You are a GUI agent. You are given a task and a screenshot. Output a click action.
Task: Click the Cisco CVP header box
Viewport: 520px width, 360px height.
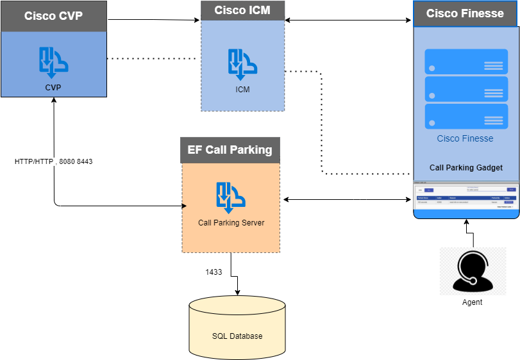point(53,16)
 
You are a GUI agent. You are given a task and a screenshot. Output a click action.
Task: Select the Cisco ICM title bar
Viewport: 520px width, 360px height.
point(242,10)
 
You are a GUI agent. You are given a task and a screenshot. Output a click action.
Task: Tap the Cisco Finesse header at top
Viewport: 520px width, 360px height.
point(465,13)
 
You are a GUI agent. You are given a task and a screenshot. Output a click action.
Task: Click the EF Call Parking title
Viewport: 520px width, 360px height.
point(230,150)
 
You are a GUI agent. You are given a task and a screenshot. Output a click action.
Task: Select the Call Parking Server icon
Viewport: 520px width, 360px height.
point(231,197)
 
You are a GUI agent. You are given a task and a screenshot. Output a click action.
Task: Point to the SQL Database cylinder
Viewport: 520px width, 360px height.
point(237,327)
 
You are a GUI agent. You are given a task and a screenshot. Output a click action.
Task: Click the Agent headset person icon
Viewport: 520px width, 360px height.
point(473,272)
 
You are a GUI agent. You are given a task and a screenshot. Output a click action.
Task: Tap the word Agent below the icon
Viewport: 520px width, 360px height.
point(473,302)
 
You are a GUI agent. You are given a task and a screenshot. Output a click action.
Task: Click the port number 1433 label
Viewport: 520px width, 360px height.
point(214,272)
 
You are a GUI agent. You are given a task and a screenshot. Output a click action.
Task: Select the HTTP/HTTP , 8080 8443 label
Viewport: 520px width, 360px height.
point(54,161)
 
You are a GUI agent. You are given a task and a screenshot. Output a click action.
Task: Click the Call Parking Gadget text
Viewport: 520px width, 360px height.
point(466,168)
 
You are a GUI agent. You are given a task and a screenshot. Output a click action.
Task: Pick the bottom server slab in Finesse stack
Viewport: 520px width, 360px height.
point(466,117)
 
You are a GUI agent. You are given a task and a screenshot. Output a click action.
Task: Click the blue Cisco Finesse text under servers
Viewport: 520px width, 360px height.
point(465,138)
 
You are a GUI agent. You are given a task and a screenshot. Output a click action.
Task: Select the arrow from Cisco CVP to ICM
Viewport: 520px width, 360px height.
point(154,20)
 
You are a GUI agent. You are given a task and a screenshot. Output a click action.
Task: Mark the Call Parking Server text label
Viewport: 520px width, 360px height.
point(231,223)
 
